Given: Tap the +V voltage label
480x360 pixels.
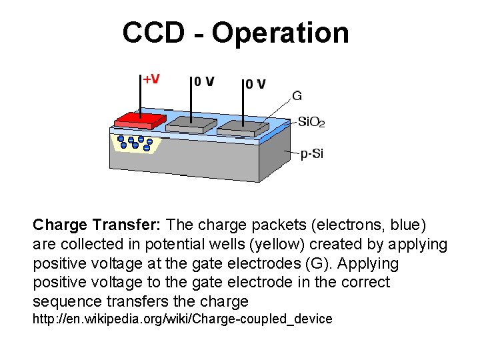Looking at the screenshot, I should pyautogui.click(x=151, y=79).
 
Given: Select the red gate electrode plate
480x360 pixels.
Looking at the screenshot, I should pyautogui.click(x=141, y=121).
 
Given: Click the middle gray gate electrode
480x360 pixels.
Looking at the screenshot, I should pyautogui.click(x=191, y=124).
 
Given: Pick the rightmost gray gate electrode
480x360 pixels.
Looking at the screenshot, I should pyautogui.click(x=243, y=126).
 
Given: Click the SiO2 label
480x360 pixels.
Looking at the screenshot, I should pyautogui.click(x=311, y=122).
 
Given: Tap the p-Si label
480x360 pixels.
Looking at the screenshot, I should pyautogui.click(x=312, y=154).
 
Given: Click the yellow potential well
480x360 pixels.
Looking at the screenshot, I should pyautogui.click(x=136, y=143).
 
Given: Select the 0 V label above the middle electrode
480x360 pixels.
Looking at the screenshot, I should pyautogui.click(x=204, y=82).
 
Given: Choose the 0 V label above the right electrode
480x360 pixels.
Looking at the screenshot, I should pyautogui.click(x=254, y=84).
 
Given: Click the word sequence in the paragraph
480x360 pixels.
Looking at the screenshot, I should pyautogui.click(x=65, y=301).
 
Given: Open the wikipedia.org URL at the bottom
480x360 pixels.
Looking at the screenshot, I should pyautogui.click(x=183, y=319).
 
